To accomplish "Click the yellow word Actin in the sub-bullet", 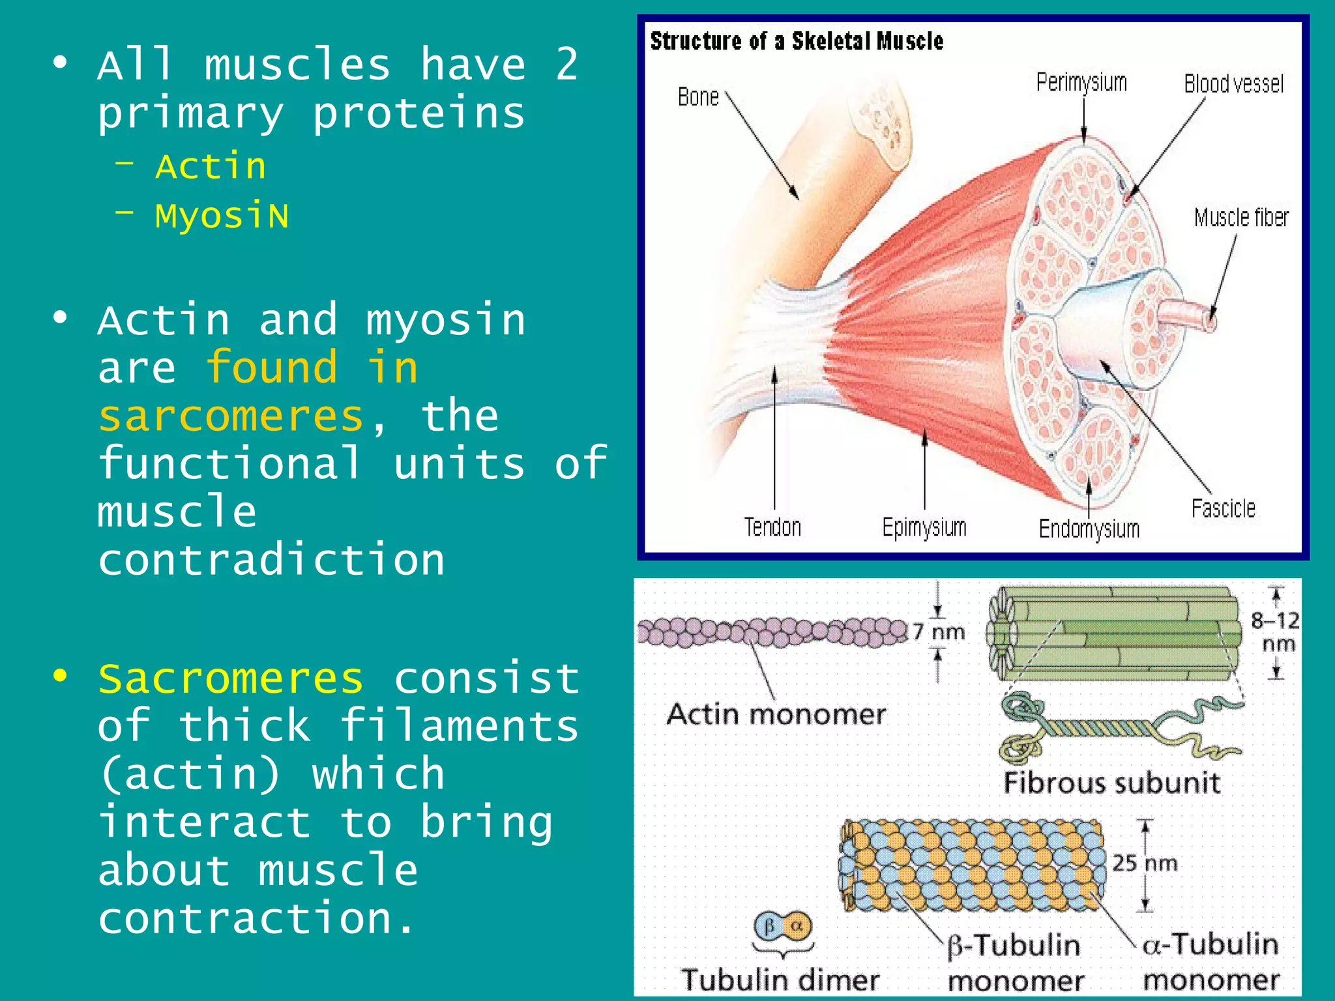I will [211, 166].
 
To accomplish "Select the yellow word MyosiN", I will [222, 216].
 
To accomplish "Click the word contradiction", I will [271, 560].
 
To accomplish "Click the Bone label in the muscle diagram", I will [698, 97].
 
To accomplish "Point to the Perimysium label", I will [1081, 83].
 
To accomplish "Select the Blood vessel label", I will [1233, 84].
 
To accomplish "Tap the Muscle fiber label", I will [1241, 218].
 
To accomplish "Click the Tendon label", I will [772, 527].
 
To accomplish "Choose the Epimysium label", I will [924, 527].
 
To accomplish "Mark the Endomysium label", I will [1089, 529].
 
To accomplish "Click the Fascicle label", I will [1223, 508].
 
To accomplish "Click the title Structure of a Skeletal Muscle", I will [797, 42].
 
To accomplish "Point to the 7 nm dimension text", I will [938, 631].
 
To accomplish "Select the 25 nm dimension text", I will [1145, 863].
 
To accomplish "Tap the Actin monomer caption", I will [776, 714].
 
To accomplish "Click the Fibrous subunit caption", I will [1111, 783].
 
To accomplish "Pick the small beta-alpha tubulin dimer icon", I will [783, 926].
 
